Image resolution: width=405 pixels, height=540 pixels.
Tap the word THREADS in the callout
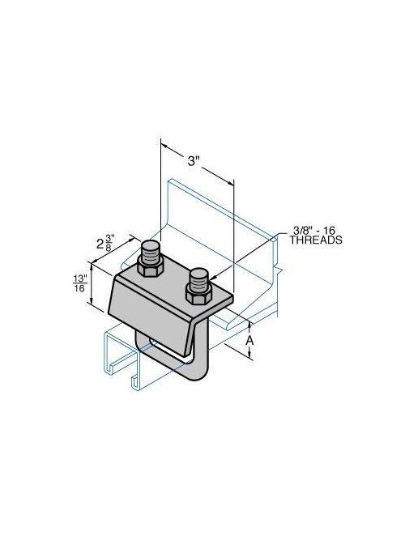click(x=310, y=240)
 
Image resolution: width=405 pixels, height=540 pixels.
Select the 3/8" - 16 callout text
click(x=310, y=230)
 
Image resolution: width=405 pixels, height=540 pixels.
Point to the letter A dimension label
click(x=249, y=341)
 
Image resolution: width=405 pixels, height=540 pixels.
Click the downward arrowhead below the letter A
click(x=249, y=359)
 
